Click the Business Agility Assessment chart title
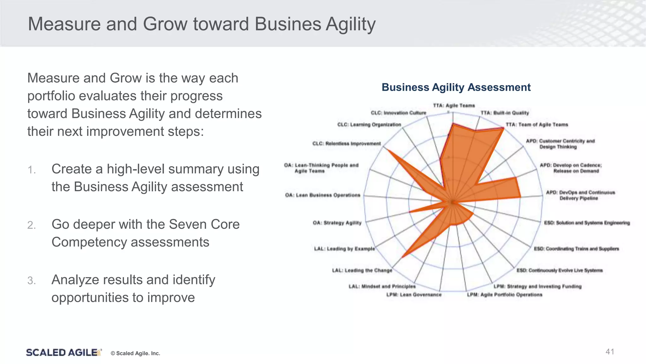click(x=456, y=87)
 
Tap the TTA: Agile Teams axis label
click(x=454, y=106)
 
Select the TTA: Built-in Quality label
click(x=504, y=113)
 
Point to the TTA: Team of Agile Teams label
click(x=537, y=124)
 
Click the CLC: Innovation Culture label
click(x=398, y=113)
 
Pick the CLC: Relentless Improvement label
click(x=346, y=143)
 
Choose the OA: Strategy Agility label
click(x=337, y=223)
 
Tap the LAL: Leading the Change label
click(x=362, y=270)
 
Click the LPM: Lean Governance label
click(x=414, y=294)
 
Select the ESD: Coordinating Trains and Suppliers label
click(x=576, y=249)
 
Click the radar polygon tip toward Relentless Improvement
click(x=387, y=150)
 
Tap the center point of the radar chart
click(x=452, y=202)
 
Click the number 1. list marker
click(x=32, y=170)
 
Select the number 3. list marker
click(x=32, y=281)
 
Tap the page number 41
click(x=610, y=352)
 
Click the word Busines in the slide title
click(x=288, y=24)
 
